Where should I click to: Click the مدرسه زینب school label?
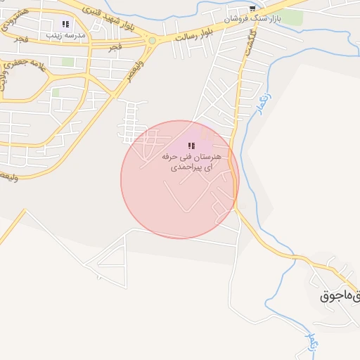(65, 34)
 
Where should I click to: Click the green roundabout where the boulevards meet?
(152, 41)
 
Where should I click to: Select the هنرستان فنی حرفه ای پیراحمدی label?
(191, 161)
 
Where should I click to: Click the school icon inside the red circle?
(191, 146)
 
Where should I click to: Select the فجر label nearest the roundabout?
(114, 47)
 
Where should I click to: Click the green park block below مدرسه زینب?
(67, 62)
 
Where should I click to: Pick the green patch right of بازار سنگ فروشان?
(293, 18)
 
